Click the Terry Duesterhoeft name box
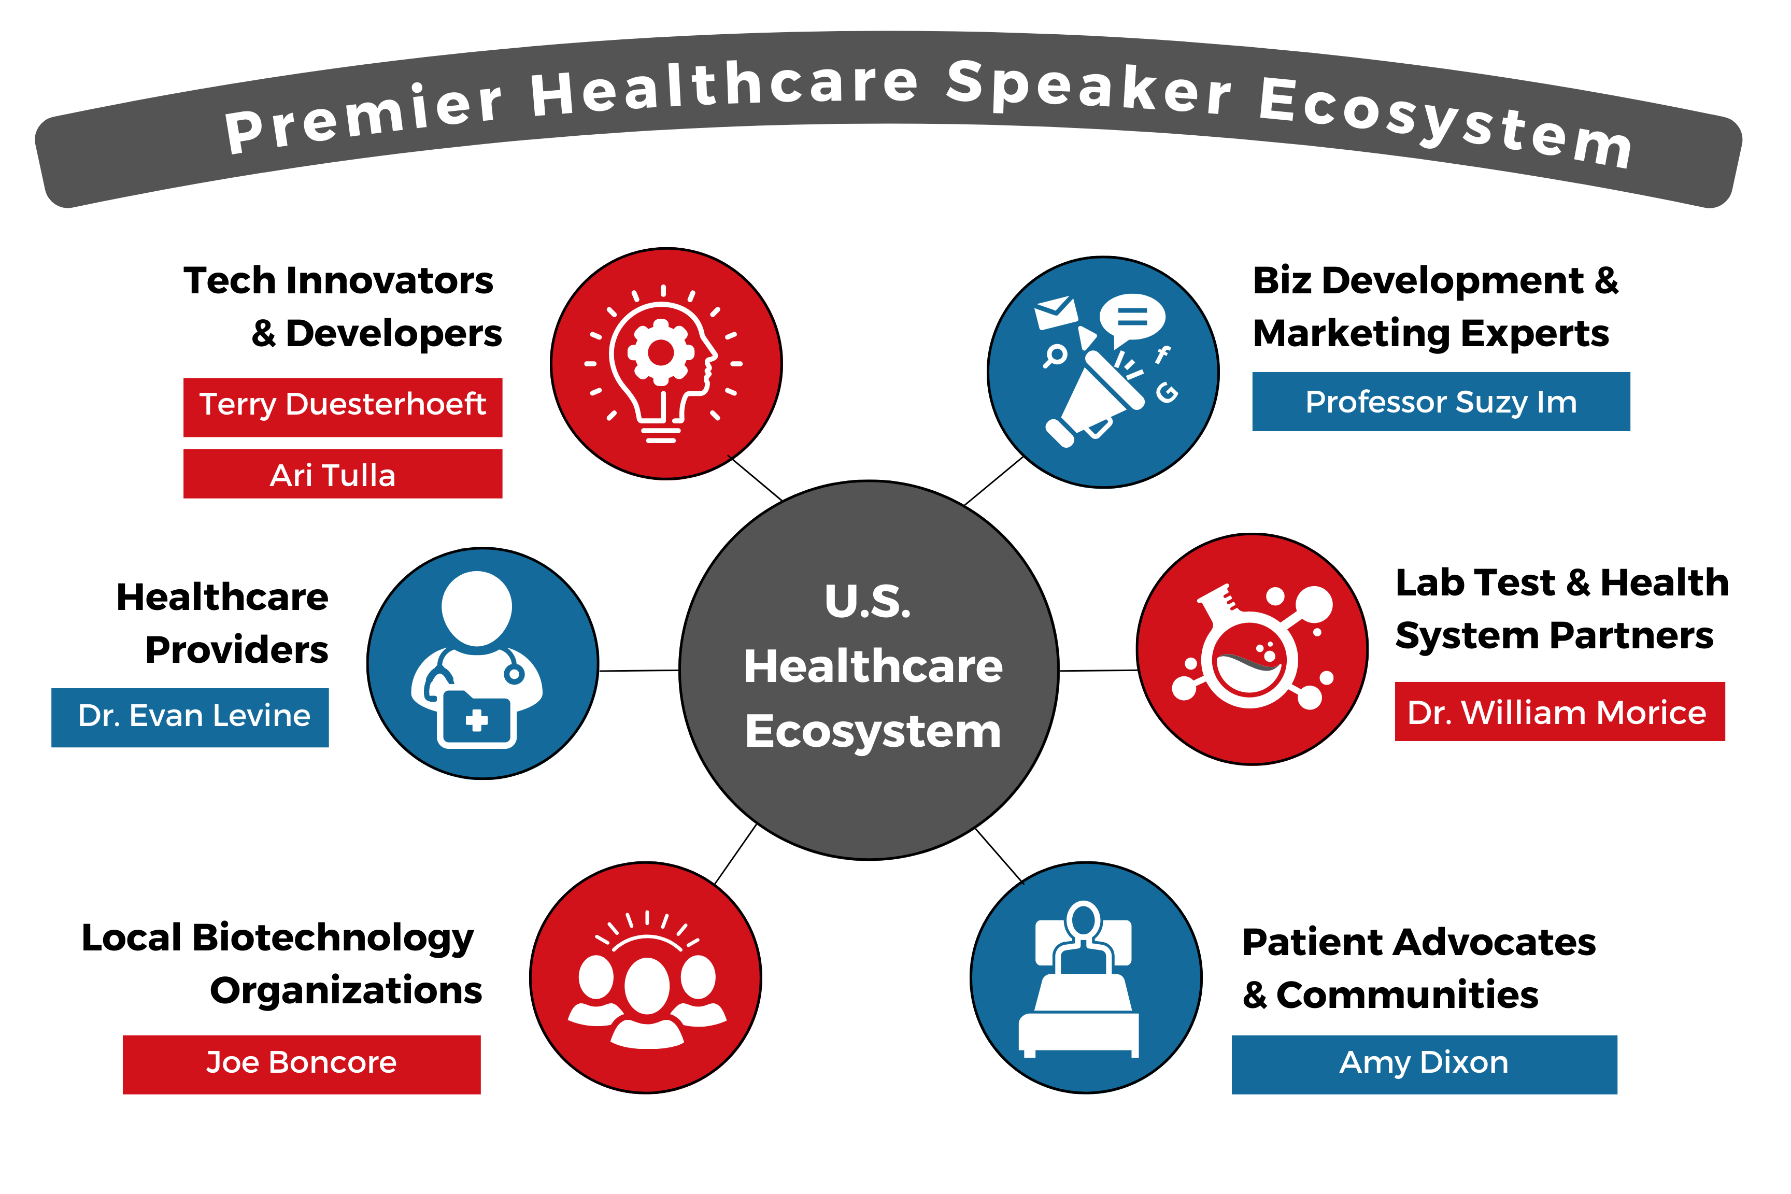(343, 407)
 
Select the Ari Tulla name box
(343, 474)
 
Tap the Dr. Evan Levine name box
(190, 717)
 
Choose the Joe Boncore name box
(302, 1064)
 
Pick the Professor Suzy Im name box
(1441, 401)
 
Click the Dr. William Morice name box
(1559, 711)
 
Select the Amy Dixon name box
(1424, 1064)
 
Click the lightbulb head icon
(662, 364)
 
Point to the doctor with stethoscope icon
(477, 659)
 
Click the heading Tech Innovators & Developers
(343, 307)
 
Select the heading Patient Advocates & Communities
(1418, 968)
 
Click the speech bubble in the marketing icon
(1132, 318)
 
